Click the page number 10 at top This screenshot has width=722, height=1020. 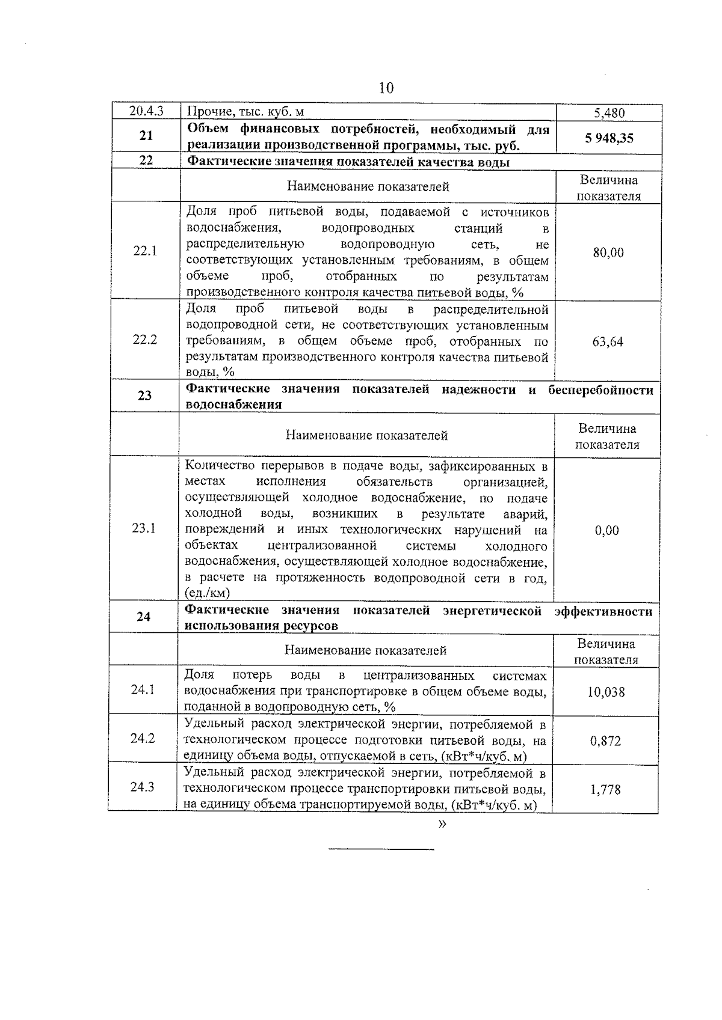386,88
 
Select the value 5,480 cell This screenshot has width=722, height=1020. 609,113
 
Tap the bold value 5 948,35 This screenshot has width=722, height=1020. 609,138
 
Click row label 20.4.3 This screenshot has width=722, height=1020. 146,112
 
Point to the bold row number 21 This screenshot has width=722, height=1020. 146,136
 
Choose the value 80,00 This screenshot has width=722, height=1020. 608,252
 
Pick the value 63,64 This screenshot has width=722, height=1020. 608,342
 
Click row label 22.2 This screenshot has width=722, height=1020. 145,339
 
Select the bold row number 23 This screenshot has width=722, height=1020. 145,395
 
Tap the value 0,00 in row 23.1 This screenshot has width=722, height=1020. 606,530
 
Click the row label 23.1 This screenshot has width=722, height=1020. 144,528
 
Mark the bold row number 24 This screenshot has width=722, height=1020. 143,617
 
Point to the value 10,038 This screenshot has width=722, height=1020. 606,692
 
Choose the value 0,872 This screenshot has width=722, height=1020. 605,741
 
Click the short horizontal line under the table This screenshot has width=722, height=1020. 381,849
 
